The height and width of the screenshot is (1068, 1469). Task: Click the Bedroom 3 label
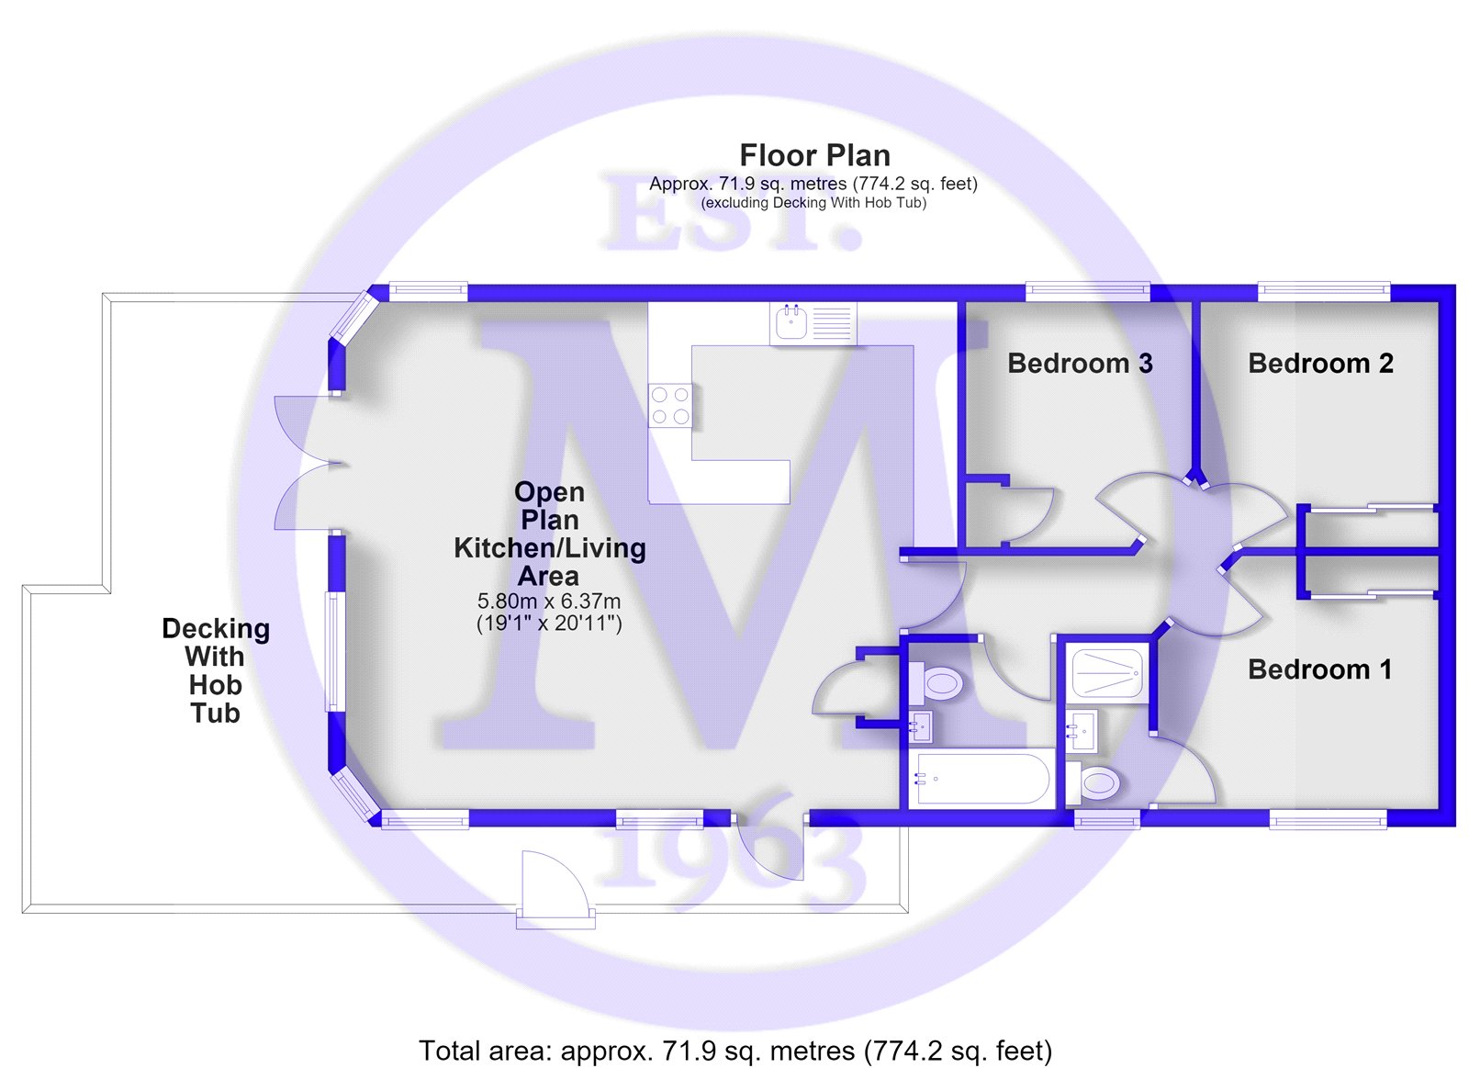(x=1080, y=364)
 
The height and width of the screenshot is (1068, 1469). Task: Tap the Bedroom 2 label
(x=1321, y=364)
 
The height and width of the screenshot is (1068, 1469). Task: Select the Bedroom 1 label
(x=1319, y=669)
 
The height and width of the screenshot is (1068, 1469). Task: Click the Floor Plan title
(x=814, y=155)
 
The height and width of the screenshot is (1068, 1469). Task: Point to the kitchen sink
(x=813, y=323)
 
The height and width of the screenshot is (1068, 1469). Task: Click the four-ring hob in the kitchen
(x=670, y=405)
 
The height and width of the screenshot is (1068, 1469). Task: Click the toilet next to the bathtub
(x=937, y=682)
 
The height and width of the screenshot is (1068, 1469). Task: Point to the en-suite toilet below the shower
(x=1093, y=782)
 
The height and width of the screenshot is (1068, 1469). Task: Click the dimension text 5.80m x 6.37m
(x=549, y=601)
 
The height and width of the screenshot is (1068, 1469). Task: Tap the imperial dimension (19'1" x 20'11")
(x=549, y=623)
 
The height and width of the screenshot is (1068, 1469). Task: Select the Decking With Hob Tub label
(x=216, y=670)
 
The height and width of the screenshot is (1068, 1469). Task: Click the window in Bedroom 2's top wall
(x=1324, y=292)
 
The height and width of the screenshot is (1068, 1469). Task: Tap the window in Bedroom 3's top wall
(x=1088, y=292)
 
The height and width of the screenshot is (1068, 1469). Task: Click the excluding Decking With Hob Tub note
(x=813, y=203)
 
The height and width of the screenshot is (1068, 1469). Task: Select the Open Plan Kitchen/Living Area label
(x=550, y=534)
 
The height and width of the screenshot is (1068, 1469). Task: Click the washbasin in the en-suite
(x=1082, y=730)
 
